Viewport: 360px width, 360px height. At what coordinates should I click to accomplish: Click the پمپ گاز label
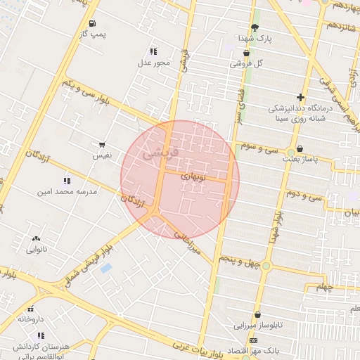pos(94,34)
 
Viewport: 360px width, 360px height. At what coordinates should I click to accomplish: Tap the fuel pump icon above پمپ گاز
pos(94,23)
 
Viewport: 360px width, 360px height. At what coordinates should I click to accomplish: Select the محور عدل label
pos(153,63)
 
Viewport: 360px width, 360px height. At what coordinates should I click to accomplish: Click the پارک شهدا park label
pos(254,37)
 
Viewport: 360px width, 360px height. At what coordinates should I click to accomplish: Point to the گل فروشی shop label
pos(246,63)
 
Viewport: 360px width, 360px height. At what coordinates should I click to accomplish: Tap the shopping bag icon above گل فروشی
pos(246,53)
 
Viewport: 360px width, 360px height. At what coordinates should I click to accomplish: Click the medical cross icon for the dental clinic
pos(300,98)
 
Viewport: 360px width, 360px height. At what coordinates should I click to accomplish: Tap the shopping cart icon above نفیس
pos(103,144)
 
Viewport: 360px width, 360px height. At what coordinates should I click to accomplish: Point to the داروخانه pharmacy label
pos(30,319)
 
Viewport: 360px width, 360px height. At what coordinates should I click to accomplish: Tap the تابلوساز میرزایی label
pos(257,326)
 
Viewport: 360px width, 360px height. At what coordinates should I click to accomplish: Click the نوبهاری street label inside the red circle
pos(194,176)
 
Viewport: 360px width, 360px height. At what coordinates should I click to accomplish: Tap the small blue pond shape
pos(106,268)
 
